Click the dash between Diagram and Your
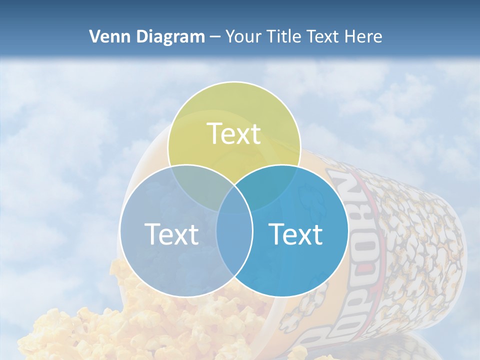(x=215, y=37)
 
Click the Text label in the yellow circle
(x=234, y=134)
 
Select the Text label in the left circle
(x=171, y=234)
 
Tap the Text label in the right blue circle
(x=296, y=234)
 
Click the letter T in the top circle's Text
(x=215, y=134)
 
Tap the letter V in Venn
(x=94, y=36)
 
